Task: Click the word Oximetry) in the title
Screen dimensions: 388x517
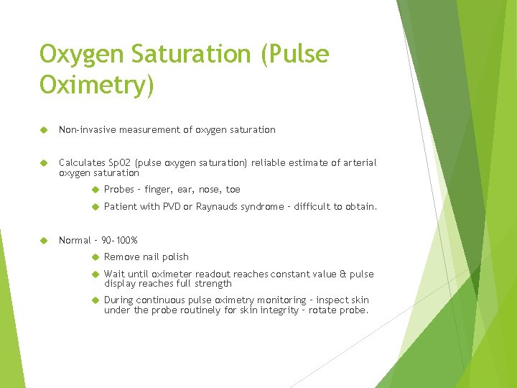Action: coord(97,85)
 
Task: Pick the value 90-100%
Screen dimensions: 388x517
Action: coord(120,240)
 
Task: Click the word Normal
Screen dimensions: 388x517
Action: coord(75,240)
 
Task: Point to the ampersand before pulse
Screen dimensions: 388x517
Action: coord(342,274)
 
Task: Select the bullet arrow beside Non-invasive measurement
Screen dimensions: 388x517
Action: coord(43,129)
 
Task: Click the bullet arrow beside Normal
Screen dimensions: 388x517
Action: coord(43,240)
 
